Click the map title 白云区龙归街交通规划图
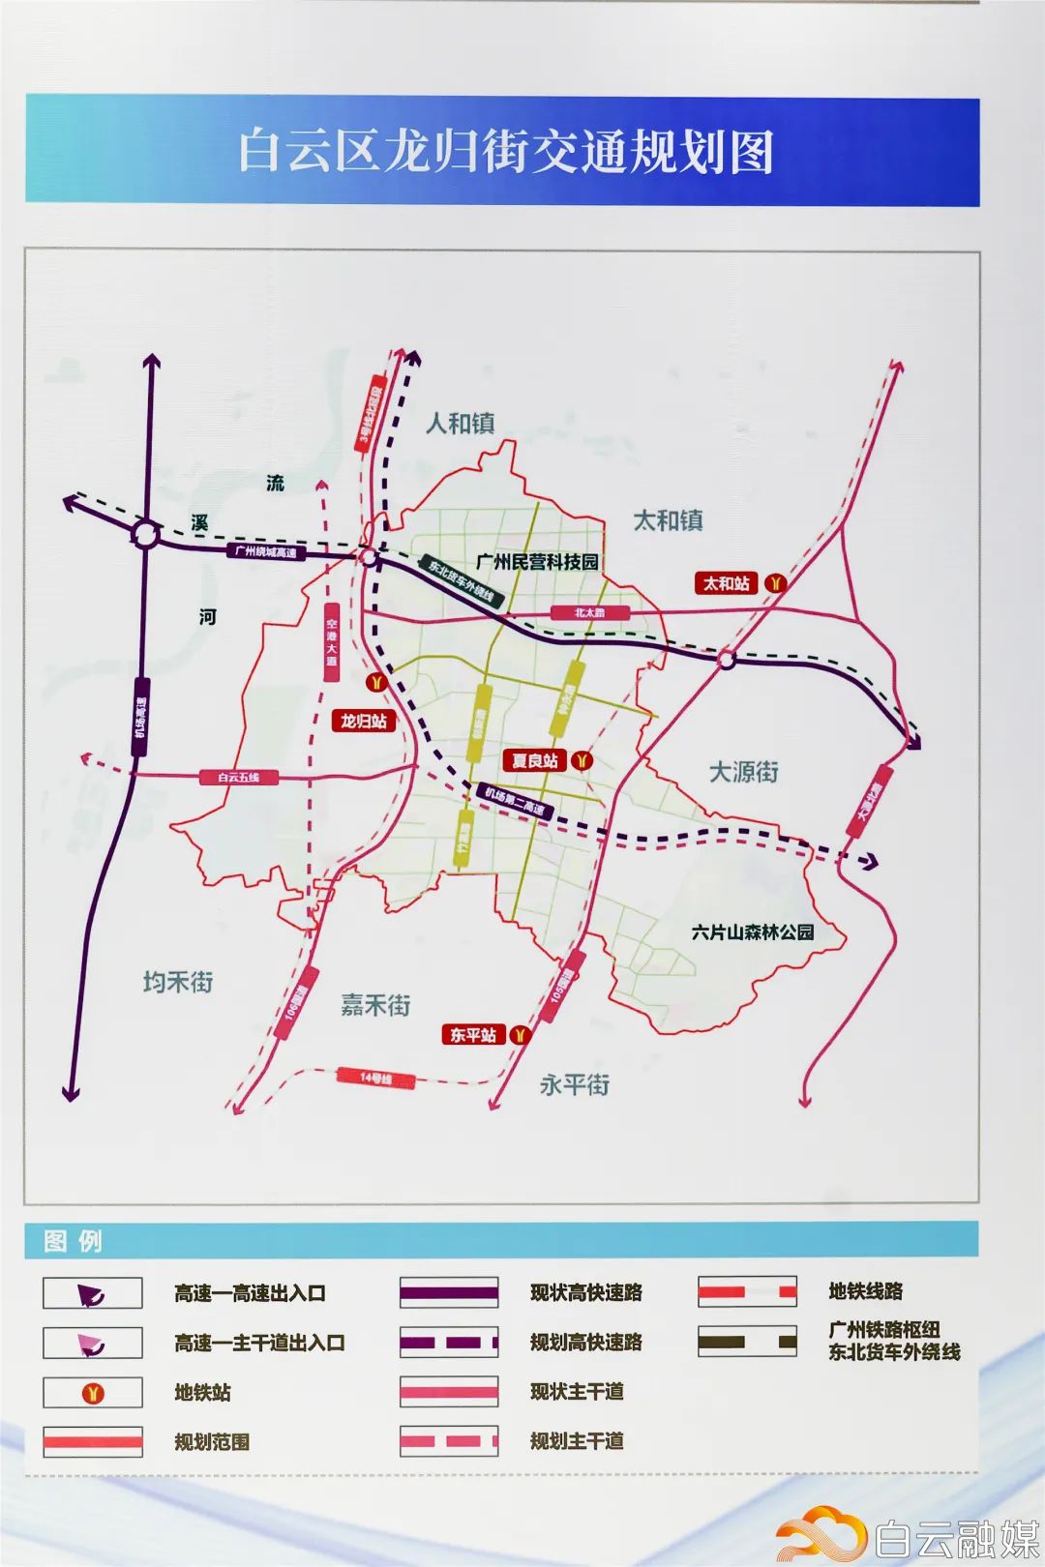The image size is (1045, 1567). click(506, 153)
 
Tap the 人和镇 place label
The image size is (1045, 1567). click(461, 424)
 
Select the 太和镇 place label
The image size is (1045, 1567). click(668, 520)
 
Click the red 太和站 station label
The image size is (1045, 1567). click(727, 583)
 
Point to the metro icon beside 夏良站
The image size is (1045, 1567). click(582, 760)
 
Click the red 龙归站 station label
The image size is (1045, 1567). click(363, 721)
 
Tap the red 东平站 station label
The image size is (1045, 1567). click(473, 1035)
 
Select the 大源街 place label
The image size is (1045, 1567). click(743, 772)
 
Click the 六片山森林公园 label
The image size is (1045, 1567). click(753, 932)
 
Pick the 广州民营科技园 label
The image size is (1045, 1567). click(537, 561)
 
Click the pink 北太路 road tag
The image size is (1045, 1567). click(589, 612)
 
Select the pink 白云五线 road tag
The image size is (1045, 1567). click(238, 777)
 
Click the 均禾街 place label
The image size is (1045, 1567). click(178, 982)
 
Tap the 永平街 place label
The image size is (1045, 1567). click(575, 1084)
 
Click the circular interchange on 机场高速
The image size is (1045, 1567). click(145, 534)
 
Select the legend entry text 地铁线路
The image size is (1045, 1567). click(865, 1291)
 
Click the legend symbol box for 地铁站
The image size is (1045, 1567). click(93, 1393)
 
